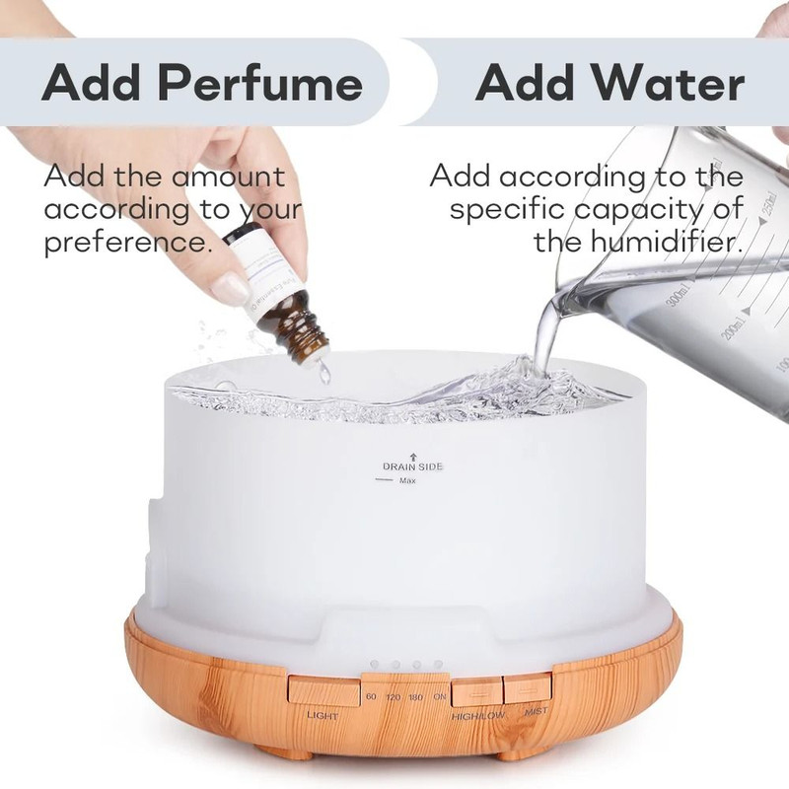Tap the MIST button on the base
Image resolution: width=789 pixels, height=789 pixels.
[x=526, y=687]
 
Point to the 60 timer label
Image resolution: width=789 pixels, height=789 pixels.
[x=371, y=697]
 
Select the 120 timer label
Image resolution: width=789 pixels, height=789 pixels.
[x=394, y=697]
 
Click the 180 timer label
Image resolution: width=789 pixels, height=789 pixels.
[x=416, y=697]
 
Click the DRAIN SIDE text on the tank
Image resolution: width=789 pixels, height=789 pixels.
[x=412, y=466]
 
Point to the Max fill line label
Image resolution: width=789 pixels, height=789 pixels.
[x=407, y=480]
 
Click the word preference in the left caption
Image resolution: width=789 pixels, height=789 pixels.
[x=128, y=242]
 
